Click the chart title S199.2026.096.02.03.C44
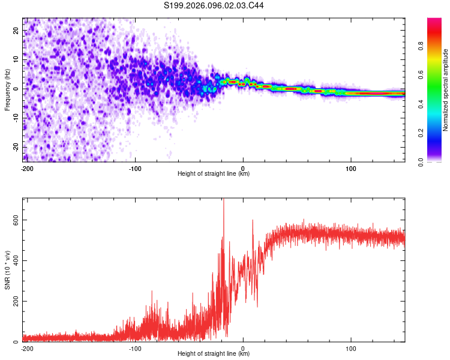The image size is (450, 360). tap(214, 5)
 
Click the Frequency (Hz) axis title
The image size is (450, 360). tap(7, 89)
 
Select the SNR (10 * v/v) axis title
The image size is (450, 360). tap(7, 270)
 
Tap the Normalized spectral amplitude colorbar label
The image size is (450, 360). tap(446, 89)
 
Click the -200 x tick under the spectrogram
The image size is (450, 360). tap(26, 168)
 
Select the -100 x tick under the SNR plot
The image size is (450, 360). tap(135, 348)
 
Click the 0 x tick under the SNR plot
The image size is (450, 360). tap(243, 348)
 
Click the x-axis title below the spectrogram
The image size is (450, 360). tap(214, 174)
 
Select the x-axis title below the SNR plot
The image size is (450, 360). tap(214, 354)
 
